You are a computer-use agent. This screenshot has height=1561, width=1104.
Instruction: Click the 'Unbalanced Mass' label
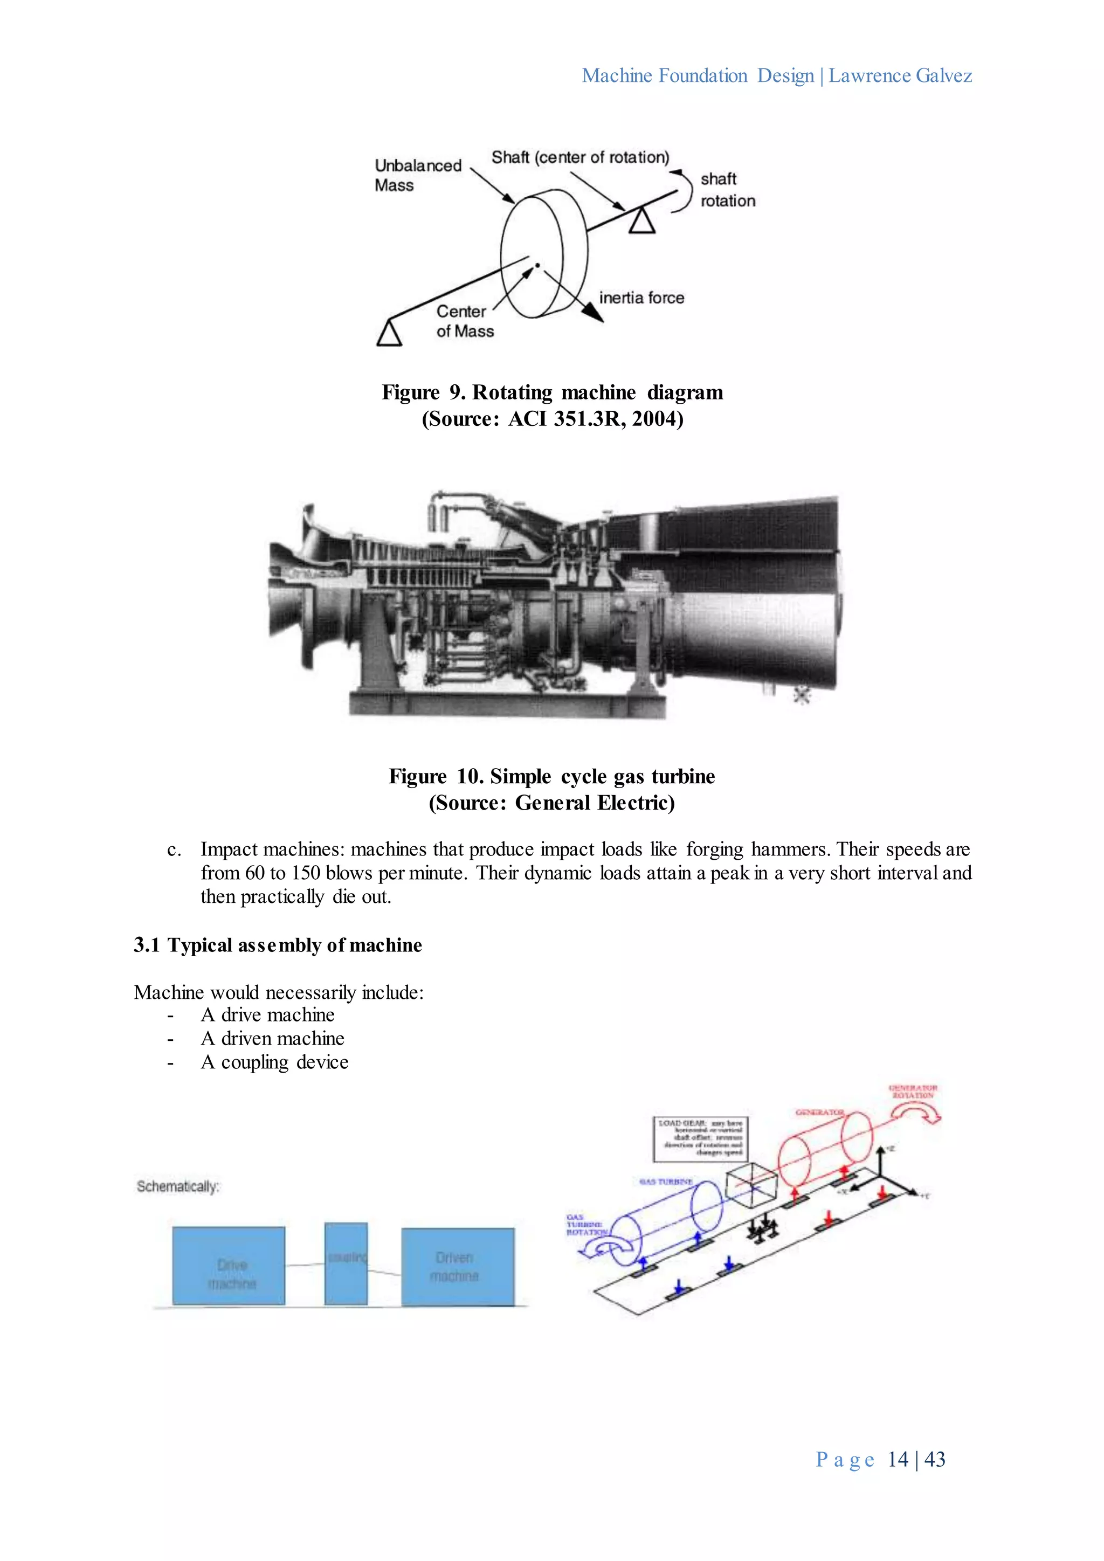[417, 175]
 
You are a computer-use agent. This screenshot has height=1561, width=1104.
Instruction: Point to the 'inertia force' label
[641, 298]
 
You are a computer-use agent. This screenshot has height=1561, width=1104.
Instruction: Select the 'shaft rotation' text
[727, 190]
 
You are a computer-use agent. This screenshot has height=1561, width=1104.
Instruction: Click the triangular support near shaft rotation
[641, 222]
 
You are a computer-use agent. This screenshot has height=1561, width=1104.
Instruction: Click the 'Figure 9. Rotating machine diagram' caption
[552, 392]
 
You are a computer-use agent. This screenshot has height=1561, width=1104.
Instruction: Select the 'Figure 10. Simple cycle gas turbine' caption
[551, 776]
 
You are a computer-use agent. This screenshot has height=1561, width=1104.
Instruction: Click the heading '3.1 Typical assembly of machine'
[278, 945]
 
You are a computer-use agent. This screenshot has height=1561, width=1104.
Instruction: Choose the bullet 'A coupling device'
[274, 1062]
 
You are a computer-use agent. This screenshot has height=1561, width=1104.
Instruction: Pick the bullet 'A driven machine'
[272, 1038]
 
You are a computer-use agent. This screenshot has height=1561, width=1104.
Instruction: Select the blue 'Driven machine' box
[458, 1267]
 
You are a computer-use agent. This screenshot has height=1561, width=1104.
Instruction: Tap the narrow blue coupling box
[346, 1264]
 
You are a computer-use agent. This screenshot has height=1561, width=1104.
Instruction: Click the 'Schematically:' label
[177, 1186]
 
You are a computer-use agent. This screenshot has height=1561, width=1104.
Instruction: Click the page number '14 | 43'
[916, 1460]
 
